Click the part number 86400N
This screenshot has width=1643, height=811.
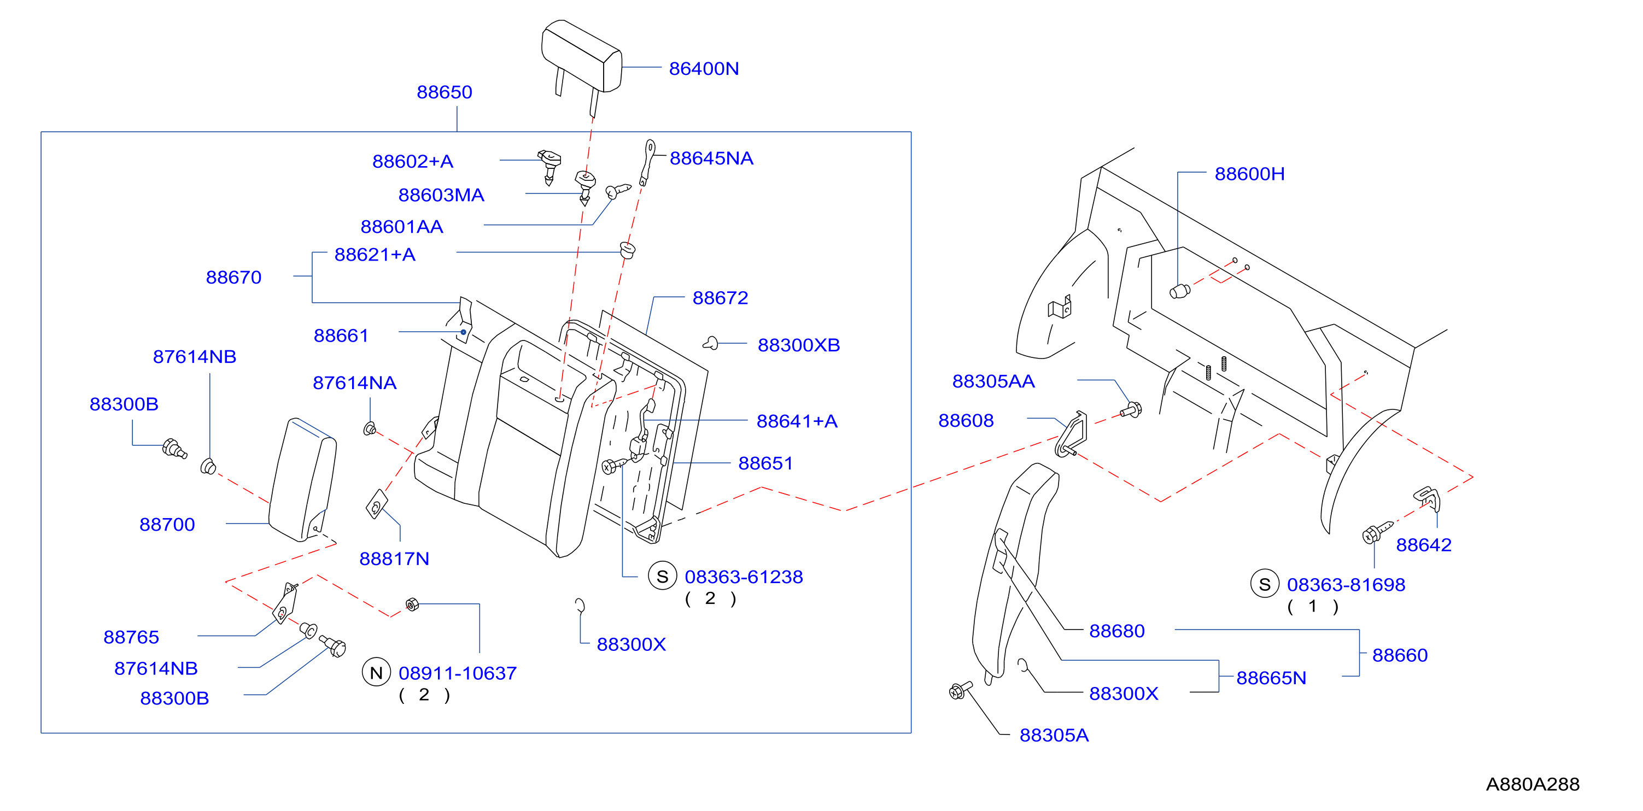coord(704,68)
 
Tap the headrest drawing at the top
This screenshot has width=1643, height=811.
coord(581,61)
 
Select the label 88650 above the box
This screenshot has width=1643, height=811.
coord(445,92)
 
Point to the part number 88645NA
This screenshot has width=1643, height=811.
coord(711,158)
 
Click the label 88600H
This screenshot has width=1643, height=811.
coord(1249,173)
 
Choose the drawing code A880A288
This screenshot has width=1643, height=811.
coord(1533,784)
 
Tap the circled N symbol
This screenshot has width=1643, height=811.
coord(376,672)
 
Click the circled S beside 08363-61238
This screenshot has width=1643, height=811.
coord(663,576)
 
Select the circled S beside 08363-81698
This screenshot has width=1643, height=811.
coord(1265,584)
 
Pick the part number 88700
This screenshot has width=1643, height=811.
coord(167,524)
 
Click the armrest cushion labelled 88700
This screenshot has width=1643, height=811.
coord(303,479)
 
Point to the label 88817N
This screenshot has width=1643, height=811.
coord(394,559)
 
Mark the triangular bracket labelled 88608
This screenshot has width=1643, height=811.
coord(1072,435)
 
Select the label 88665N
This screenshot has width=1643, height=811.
coord(1271,678)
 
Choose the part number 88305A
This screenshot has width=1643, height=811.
coord(1054,735)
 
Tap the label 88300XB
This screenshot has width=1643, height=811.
coord(799,345)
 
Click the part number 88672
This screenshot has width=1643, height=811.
coord(720,298)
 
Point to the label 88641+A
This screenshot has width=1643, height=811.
coord(797,421)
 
